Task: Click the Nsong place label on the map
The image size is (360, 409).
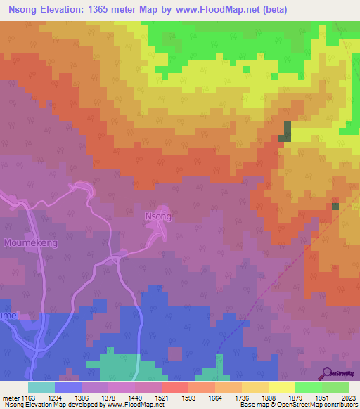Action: [157, 216]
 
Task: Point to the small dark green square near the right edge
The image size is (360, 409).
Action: [335, 206]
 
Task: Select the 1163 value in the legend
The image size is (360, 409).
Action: [28, 397]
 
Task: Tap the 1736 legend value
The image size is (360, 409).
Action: [242, 397]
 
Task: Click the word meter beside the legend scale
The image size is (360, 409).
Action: [9, 397]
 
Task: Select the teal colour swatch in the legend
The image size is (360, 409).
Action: [41, 387]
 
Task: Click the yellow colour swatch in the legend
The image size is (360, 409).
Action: [281, 387]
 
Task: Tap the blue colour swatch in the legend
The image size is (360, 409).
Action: [67, 387]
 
